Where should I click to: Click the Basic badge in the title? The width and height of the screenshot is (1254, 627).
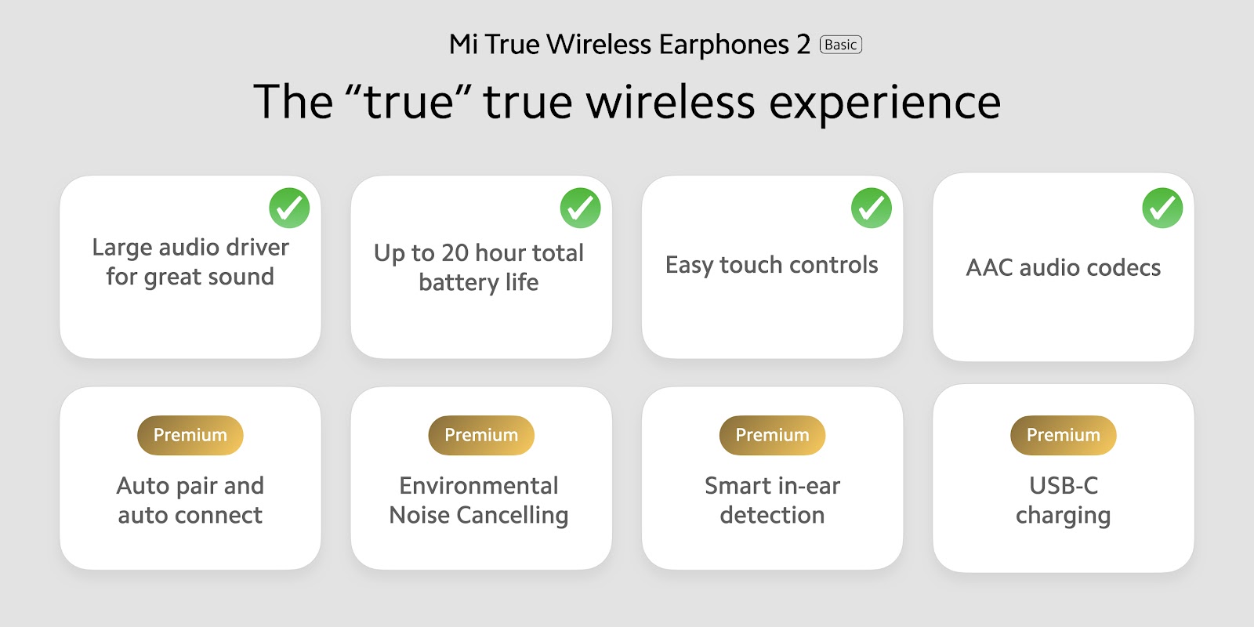840,45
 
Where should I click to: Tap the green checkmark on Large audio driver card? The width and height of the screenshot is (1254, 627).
289,208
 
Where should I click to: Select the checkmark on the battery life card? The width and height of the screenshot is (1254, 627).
581,208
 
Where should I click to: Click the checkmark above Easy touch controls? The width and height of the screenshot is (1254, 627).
872,208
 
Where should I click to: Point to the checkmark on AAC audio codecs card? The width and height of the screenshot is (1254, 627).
1163,208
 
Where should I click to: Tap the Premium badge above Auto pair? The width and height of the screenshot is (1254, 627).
190,435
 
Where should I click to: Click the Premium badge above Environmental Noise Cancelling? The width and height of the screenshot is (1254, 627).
481,435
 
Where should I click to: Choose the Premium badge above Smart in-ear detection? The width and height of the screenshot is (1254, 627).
773,435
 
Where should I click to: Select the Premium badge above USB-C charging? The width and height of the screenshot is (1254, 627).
1064,435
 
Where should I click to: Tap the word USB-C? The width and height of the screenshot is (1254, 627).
1064,486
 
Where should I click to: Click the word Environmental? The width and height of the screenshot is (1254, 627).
479,486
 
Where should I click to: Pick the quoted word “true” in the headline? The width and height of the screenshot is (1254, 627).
408,101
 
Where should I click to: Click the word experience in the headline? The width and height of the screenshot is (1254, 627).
885,103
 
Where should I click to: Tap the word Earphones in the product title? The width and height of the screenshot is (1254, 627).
724,44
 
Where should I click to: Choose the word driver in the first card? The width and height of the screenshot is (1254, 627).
258,248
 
